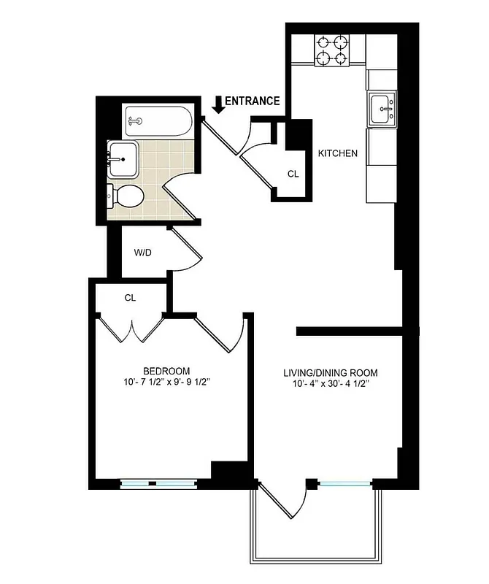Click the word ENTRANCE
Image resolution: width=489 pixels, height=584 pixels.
252,101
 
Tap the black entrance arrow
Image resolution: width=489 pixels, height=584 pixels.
217,104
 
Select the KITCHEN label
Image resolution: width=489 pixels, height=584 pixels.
337,153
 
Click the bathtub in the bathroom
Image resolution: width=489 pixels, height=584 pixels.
158,121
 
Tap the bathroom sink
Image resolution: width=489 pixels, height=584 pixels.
123,158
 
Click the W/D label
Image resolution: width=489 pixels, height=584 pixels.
142,253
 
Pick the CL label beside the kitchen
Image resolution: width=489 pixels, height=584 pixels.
293,174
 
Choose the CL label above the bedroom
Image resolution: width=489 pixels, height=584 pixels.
131,298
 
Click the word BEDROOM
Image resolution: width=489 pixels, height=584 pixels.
166,370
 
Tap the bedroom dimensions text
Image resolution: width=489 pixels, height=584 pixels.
167,382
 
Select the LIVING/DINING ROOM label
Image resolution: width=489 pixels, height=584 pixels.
331,373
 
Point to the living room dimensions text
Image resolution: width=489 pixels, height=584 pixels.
331,385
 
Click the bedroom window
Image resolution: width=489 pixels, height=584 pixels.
158,483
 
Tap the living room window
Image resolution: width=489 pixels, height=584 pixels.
344,483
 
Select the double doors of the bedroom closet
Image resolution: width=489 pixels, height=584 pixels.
131,328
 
